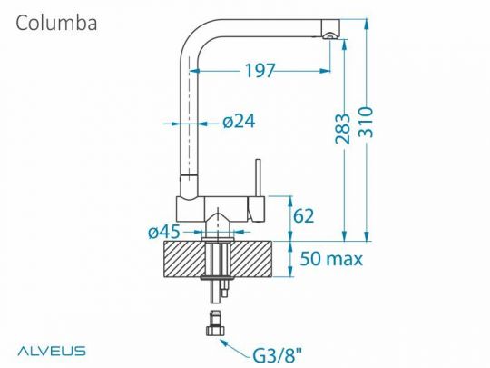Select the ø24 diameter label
click(238, 123)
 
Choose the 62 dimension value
click(304, 216)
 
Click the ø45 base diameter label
click(163, 233)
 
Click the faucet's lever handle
click(258, 182)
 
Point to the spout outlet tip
click(331, 35)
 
